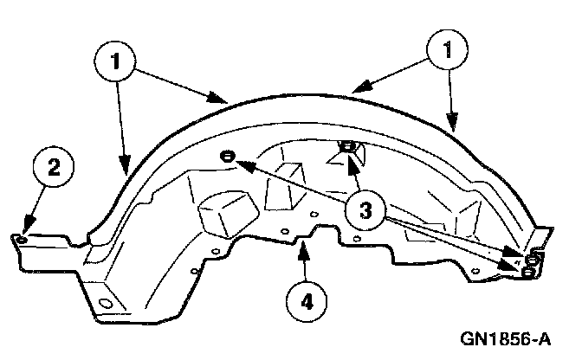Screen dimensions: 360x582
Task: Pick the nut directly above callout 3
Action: (x=347, y=149)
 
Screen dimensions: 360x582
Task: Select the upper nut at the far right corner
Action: (x=533, y=259)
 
